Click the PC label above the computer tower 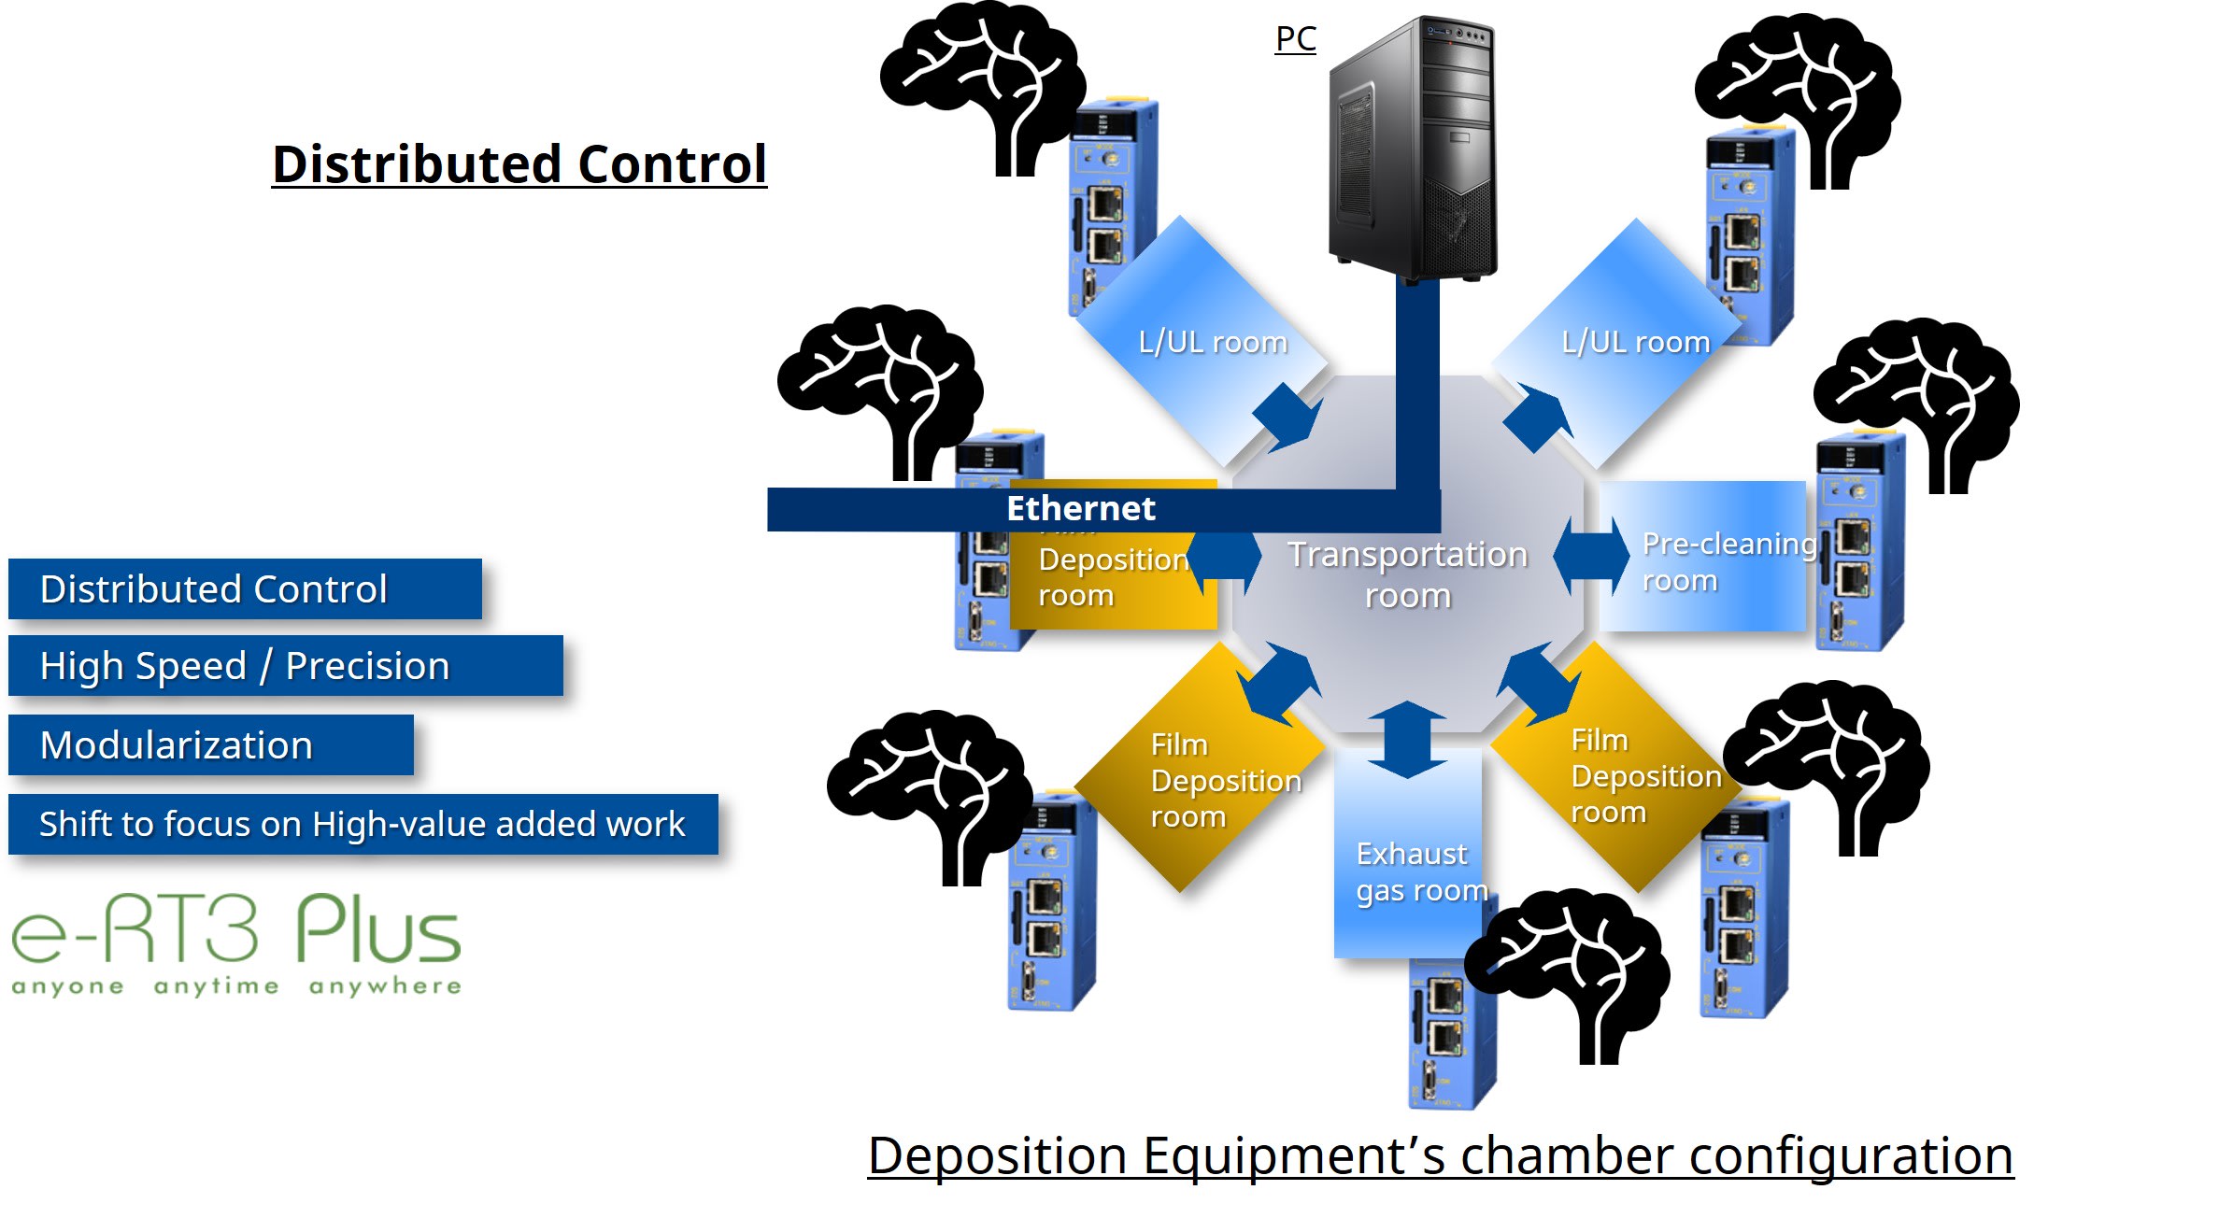click(1295, 39)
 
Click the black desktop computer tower click(1413, 149)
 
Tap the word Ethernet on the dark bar click(1080, 508)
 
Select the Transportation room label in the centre click(1407, 574)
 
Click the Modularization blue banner click(210, 745)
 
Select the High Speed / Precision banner click(284, 666)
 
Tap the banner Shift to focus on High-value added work click(363, 825)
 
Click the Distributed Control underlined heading click(519, 164)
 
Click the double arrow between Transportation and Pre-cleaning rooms click(1591, 556)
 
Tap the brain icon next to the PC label click(981, 84)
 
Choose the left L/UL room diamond click(1201, 341)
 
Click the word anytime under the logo click(216, 986)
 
